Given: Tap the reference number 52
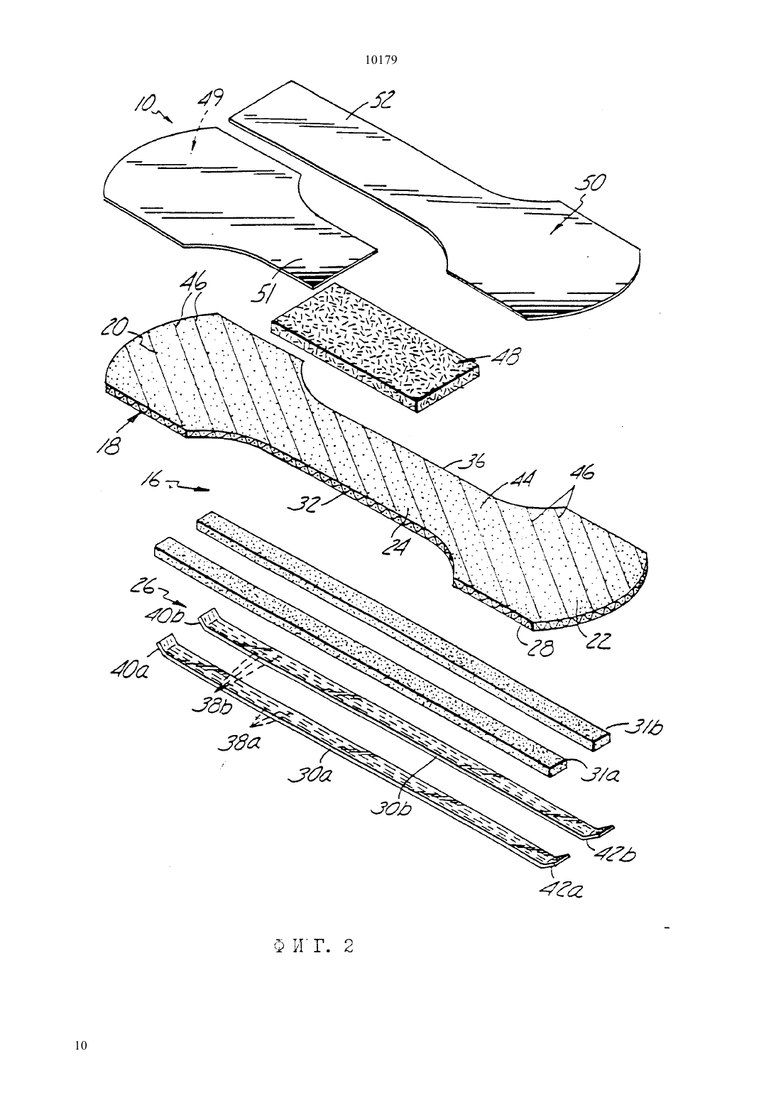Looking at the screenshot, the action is tap(381, 102).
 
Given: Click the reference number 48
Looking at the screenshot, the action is tap(504, 356).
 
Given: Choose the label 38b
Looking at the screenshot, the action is tap(212, 706).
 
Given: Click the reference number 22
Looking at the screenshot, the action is tap(599, 641).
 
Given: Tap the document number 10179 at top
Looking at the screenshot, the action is tap(381, 60).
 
